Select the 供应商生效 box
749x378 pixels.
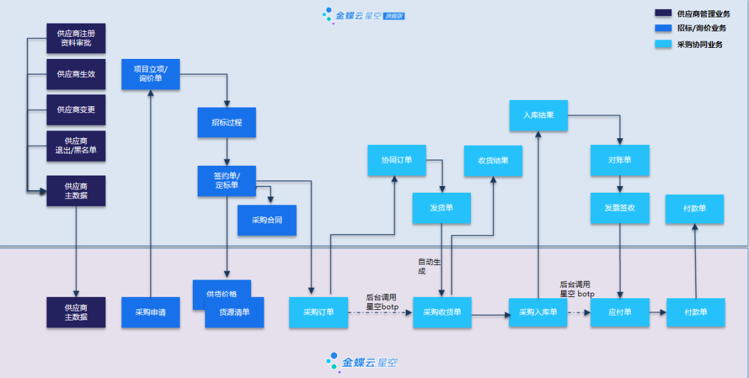click(x=76, y=74)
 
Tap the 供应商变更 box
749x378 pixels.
click(x=76, y=110)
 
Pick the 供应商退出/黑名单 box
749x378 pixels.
click(x=76, y=146)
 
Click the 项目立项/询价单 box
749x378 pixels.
click(x=150, y=74)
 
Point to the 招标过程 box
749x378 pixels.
click(x=227, y=122)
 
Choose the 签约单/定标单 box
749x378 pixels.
click(x=227, y=180)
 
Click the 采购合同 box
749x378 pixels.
click(x=267, y=220)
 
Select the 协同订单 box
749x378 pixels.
click(x=397, y=160)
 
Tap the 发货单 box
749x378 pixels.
click(x=442, y=208)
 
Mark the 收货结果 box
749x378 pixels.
click(x=493, y=160)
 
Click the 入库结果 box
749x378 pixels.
click(x=538, y=115)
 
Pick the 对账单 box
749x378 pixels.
click(x=620, y=160)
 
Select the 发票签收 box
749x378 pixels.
click(x=620, y=208)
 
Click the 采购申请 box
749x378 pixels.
click(x=150, y=312)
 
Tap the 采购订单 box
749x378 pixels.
click(x=318, y=312)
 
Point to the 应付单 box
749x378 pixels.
click(x=620, y=312)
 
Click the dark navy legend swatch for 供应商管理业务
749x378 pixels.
click(x=663, y=13)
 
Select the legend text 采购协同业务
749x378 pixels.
click(x=700, y=44)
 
